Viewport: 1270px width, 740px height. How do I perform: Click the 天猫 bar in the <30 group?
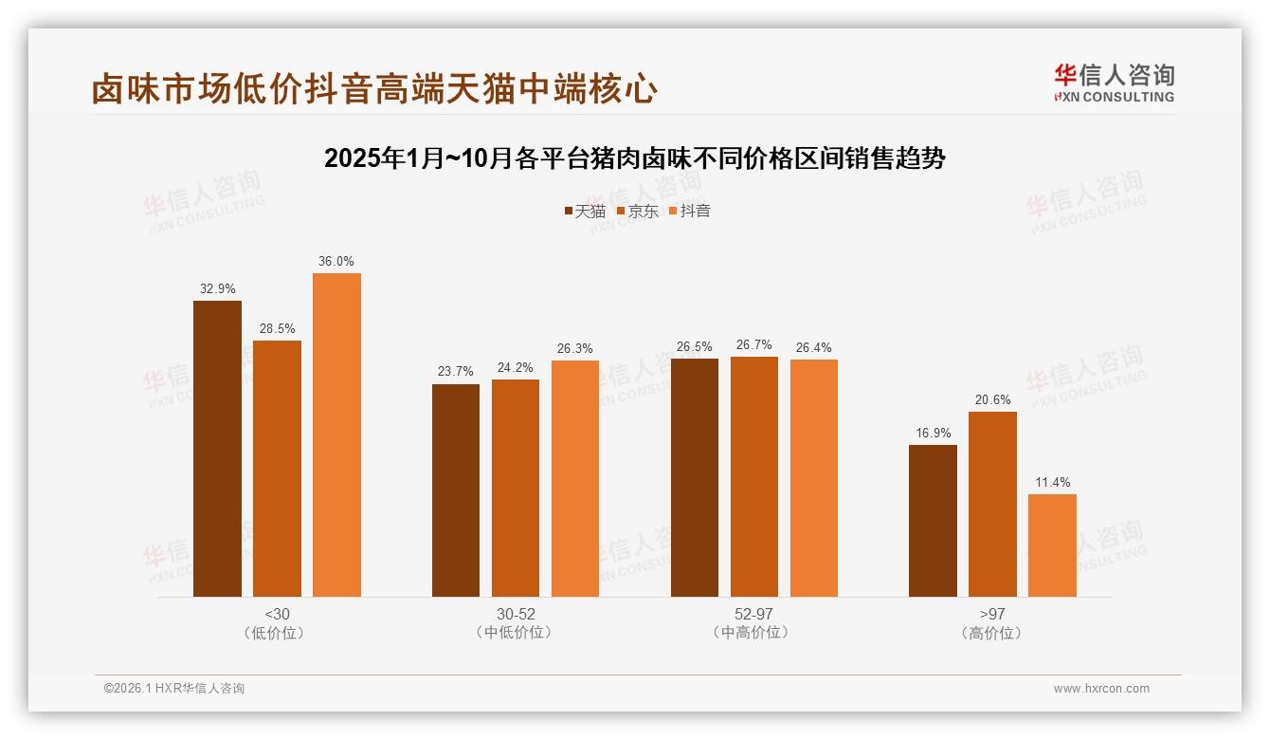coord(217,448)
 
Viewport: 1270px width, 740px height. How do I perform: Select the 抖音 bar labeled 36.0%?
coord(336,435)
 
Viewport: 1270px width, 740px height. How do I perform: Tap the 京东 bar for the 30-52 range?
coord(515,488)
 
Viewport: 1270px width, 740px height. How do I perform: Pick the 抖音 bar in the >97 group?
coord(1052,545)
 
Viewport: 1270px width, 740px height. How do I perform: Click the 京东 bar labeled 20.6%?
coord(992,504)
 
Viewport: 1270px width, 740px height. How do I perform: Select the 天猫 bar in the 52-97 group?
coord(695,477)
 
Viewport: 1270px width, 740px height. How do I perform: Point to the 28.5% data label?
coord(277,328)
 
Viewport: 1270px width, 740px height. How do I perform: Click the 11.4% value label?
coord(1052,482)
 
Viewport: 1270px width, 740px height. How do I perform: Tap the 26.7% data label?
coord(753,344)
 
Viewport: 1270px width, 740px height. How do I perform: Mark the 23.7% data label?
coord(456,372)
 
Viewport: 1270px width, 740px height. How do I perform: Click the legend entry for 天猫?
coord(584,211)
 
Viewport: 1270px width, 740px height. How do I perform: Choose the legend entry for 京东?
coord(637,211)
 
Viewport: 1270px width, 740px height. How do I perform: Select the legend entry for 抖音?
coord(689,211)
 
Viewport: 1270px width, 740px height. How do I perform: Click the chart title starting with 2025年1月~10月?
coord(634,157)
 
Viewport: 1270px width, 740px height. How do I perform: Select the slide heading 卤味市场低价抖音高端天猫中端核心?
coord(374,88)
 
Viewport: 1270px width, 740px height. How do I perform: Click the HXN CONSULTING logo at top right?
coord(1114,83)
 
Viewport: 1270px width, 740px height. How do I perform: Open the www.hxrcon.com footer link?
coord(1100,689)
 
